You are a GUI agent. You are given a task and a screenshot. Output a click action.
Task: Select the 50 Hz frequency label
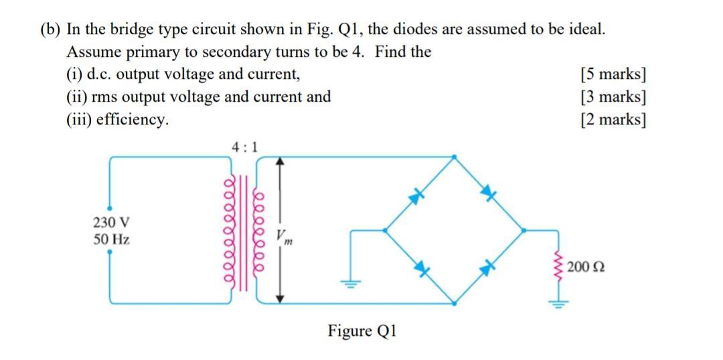click(x=111, y=239)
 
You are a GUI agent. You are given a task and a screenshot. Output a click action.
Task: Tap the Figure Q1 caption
click(x=362, y=331)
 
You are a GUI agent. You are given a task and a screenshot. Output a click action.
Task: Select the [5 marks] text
click(x=614, y=74)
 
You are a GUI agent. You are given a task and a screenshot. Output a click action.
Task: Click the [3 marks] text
click(x=614, y=96)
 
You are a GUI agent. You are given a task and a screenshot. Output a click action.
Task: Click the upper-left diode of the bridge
click(x=419, y=195)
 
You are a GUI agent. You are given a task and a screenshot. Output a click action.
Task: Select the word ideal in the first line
click(x=586, y=29)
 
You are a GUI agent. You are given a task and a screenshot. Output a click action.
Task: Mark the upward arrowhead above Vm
click(x=281, y=161)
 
